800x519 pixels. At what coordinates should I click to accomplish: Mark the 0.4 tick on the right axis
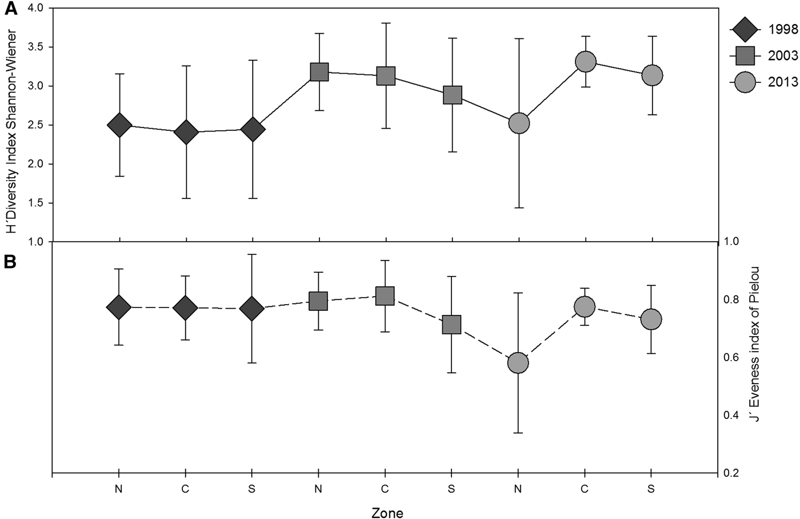(x=733, y=416)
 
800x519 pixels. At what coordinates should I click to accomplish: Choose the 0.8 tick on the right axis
(x=733, y=300)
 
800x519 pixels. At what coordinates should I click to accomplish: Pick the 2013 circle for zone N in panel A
(x=519, y=123)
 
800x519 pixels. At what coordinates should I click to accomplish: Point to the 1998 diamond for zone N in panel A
(x=119, y=125)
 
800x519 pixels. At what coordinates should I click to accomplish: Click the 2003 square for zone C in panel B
(x=385, y=296)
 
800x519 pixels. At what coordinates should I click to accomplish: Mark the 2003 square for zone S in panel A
(x=453, y=95)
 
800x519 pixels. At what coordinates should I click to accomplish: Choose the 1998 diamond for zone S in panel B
(x=251, y=309)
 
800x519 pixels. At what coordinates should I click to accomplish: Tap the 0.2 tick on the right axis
(x=733, y=473)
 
